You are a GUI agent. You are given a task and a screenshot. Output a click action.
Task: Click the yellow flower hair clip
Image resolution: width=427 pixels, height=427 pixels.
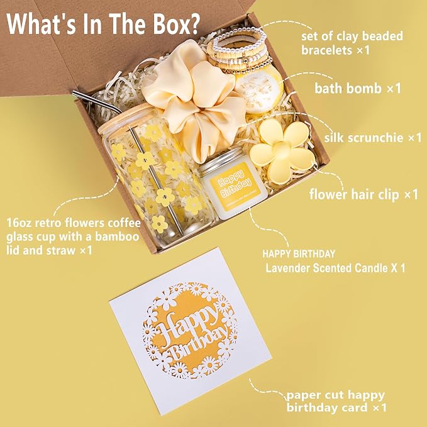282,151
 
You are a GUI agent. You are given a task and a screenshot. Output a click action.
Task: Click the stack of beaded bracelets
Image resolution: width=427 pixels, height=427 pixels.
240,50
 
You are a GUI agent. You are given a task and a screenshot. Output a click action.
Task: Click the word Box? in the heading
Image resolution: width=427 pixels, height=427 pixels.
176,24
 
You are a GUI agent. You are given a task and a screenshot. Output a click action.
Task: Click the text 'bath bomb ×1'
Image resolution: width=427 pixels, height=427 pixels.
358,89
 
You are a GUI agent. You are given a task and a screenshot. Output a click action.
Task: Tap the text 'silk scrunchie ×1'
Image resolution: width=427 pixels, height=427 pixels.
373,138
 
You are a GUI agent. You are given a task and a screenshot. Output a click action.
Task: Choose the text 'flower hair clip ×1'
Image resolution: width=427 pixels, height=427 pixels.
363,194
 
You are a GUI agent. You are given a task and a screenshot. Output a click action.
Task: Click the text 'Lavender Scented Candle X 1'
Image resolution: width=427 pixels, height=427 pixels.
336,268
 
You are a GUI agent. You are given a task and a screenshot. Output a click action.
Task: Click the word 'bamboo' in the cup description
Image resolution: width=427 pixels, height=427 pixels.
117,236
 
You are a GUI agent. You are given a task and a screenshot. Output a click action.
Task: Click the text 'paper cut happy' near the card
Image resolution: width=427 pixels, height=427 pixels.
336,396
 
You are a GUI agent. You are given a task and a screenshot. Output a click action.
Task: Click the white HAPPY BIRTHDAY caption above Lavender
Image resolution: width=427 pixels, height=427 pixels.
299,254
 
